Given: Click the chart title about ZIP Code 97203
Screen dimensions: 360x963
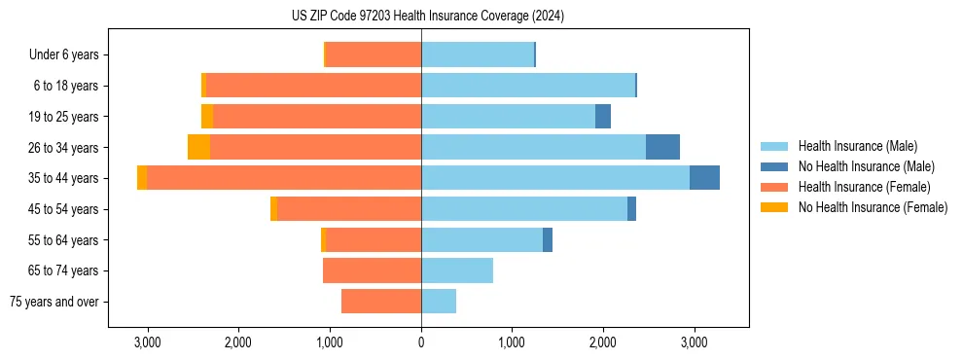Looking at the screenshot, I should coord(428,16).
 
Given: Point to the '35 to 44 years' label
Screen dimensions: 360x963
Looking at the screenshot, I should coord(63,178).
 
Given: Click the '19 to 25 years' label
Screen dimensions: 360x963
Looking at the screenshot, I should coord(63,117).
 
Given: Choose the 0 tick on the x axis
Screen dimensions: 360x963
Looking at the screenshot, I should coord(421,342).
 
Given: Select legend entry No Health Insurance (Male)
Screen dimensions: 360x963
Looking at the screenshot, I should coord(866,166).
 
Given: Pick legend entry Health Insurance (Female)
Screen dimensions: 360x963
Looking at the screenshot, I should coord(865,187).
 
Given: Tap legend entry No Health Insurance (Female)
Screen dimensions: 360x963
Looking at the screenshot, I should coord(873,207).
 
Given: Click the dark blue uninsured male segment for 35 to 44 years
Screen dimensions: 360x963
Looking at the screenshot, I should coord(704,178).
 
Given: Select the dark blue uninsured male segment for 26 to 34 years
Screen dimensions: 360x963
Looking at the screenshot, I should coord(662,147).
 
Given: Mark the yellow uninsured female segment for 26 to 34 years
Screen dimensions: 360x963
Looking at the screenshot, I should coord(199,147).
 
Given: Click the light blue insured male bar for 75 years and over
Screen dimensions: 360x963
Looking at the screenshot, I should coord(439,302).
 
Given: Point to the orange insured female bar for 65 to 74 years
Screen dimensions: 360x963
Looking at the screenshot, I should coord(372,270).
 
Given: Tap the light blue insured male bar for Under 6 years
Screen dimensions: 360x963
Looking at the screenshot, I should coord(478,55).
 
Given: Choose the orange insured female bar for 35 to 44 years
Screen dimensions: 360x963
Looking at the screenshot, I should coord(284,178).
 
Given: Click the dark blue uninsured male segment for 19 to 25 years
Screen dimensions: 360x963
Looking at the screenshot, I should coord(603,117).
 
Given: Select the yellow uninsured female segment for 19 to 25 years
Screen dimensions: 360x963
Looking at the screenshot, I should coord(207,117).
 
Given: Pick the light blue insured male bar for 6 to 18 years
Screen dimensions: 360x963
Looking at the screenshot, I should coord(528,86).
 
